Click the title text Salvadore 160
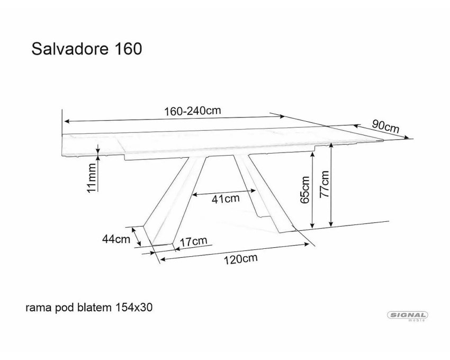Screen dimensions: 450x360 point(87,49)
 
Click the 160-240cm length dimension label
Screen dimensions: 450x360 point(192,111)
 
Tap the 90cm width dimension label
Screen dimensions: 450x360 point(386,126)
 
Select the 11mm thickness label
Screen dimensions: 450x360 point(92,178)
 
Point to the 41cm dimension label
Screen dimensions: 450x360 point(226,199)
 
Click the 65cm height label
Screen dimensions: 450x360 point(305,190)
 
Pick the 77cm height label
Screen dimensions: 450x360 point(324,184)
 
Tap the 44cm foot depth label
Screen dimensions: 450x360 point(116,239)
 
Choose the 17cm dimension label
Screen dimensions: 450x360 point(193,241)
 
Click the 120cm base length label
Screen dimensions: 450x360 point(240,259)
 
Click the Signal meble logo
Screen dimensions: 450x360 point(408,316)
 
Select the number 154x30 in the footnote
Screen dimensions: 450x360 point(133,308)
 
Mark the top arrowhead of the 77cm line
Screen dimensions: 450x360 point(331,145)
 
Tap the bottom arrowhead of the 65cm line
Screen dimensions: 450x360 point(312,225)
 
